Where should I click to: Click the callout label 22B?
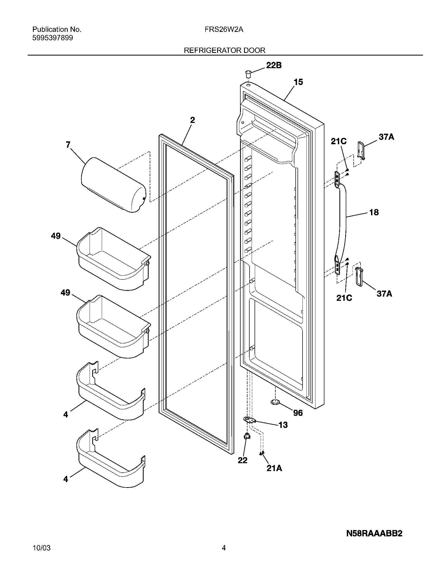click(274, 65)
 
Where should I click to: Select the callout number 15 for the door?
click(298, 82)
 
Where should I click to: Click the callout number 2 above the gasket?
click(192, 120)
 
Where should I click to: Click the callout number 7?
click(68, 145)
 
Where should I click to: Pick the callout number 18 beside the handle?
click(374, 212)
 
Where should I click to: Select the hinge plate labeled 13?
click(249, 420)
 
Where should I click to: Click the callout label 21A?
click(274, 469)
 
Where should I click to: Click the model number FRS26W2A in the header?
click(224, 30)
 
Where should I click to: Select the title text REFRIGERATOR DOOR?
click(225, 50)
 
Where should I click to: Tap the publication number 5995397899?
click(52, 38)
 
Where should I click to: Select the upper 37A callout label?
click(386, 137)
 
